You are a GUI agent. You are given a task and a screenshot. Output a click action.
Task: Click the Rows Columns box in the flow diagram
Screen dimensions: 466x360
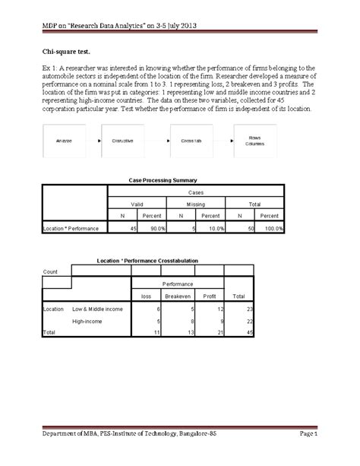256,141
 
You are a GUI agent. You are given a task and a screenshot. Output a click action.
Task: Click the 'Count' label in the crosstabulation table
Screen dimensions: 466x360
52,271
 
